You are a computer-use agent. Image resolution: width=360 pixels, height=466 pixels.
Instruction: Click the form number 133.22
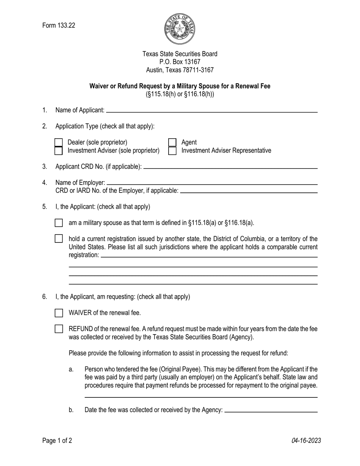pos(59,25)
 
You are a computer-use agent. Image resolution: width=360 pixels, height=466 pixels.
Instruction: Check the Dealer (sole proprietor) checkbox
pos(58,142)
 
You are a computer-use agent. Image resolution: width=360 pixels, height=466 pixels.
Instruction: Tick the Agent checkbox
pos(172,142)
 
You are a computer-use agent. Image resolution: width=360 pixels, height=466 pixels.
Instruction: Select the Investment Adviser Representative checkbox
pos(172,151)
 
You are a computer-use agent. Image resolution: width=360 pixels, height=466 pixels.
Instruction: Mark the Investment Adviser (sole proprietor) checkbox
pos(58,151)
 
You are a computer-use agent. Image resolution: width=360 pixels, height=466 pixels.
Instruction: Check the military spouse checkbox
pos(59,223)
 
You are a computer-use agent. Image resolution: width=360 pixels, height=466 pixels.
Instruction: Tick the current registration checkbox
pos(59,239)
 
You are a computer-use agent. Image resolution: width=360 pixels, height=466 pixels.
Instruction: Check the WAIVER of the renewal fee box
pos(59,313)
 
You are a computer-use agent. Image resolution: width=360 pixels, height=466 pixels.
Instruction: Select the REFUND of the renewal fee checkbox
pos(59,329)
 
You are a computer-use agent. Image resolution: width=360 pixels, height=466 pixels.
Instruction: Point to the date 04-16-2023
pos(306,440)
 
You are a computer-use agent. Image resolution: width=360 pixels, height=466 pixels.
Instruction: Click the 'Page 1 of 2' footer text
pos(57,440)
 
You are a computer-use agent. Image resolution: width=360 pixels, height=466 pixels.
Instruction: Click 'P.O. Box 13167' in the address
pos(180,62)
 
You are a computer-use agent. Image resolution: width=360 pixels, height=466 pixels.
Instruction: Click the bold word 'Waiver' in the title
pos(99,86)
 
